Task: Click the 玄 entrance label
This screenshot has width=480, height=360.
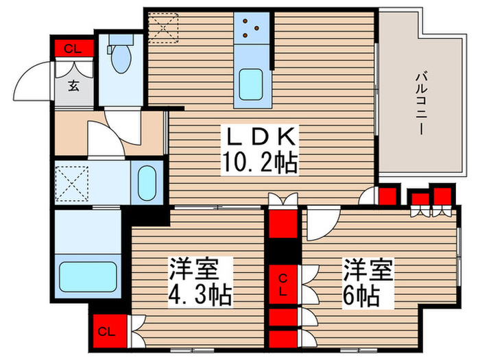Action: pyautogui.click(x=72, y=86)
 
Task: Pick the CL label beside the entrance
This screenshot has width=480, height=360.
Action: pyautogui.click(x=71, y=49)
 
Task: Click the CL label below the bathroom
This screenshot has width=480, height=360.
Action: pyautogui.click(x=106, y=333)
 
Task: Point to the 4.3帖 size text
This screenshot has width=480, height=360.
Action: pyautogui.click(x=200, y=296)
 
